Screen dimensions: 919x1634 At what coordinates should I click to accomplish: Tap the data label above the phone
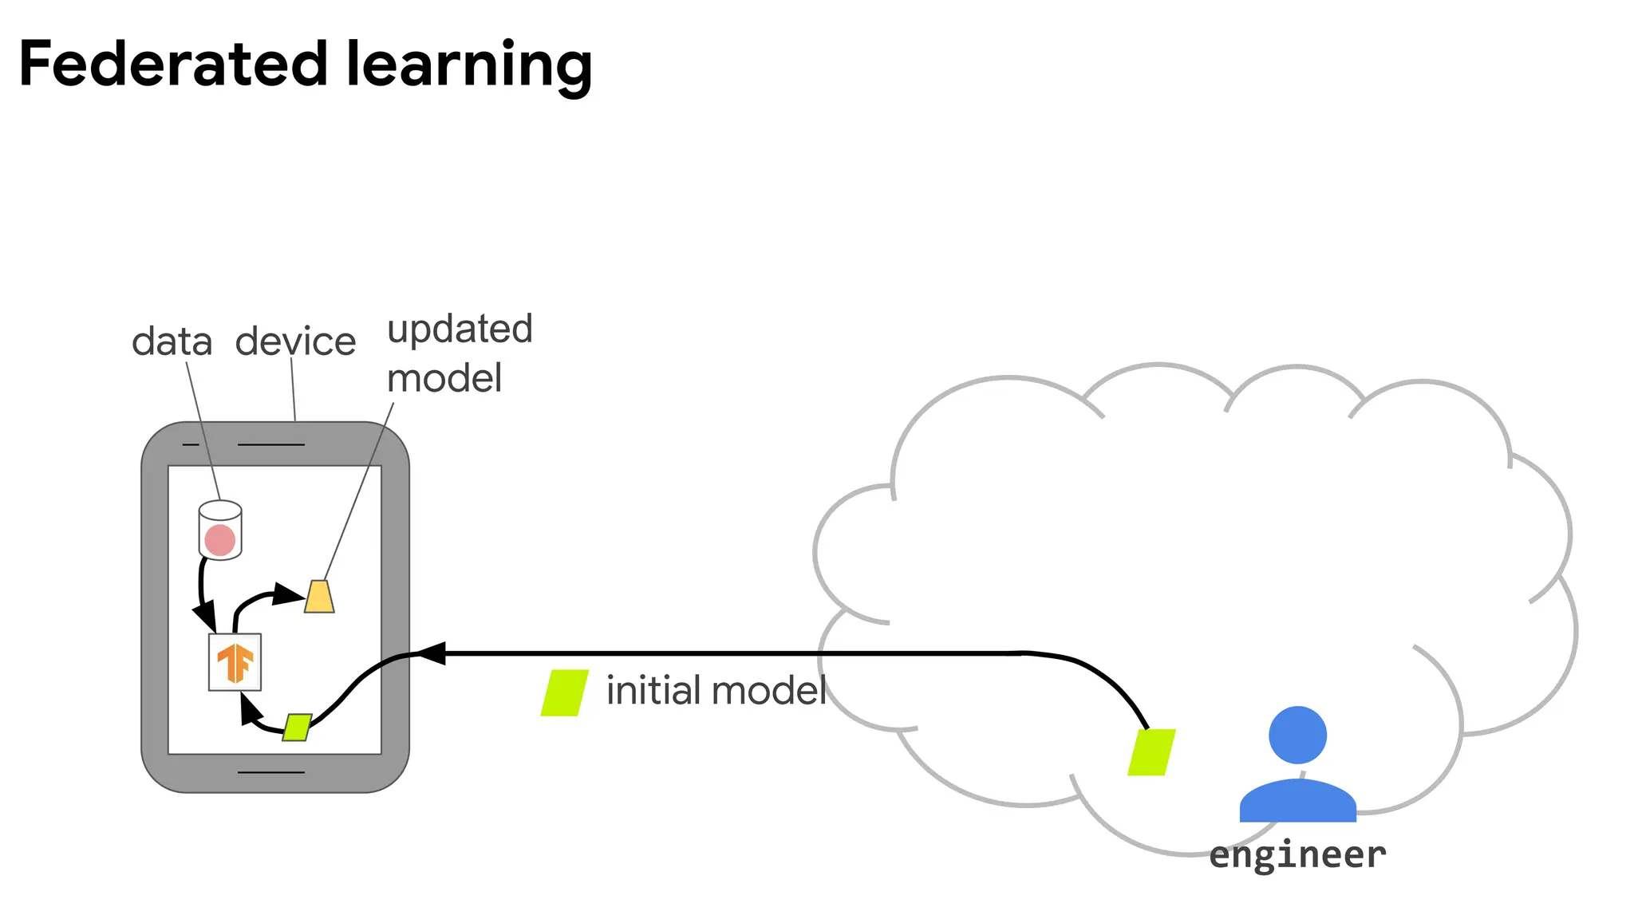172,342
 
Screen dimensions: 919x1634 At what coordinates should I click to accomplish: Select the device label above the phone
295,342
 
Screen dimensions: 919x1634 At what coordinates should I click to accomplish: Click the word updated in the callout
460,329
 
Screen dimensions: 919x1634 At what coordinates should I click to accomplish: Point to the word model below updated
444,378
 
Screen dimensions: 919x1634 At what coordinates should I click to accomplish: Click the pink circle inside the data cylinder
220,540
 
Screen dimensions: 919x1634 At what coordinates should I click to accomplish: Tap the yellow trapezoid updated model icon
319,597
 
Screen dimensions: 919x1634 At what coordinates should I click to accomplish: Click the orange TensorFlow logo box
235,662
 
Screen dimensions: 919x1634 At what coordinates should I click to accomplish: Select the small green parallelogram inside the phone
297,727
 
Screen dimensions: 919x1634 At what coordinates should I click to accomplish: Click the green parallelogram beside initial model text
565,692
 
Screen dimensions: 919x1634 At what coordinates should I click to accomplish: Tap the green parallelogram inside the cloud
1151,752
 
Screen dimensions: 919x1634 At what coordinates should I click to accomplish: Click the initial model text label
716,691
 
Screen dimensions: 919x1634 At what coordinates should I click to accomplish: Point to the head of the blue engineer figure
1297,735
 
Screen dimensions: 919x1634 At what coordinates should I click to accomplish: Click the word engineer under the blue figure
1297,856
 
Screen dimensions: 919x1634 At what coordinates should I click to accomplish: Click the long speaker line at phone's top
271,444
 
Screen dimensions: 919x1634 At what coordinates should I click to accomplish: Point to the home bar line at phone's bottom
271,772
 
